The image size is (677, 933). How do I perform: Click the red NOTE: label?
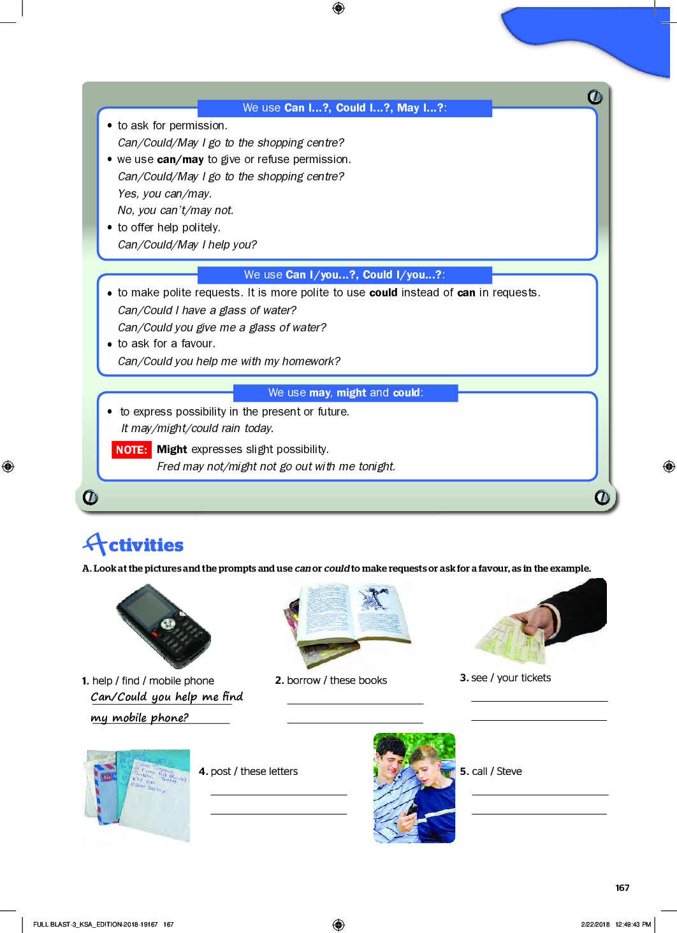click(131, 450)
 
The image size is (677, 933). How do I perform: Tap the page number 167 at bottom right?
click(622, 888)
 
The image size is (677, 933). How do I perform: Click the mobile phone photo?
click(163, 626)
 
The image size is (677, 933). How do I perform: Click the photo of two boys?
click(414, 788)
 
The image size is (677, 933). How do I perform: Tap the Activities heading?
click(134, 545)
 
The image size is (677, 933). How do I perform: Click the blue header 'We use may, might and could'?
click(346, 393)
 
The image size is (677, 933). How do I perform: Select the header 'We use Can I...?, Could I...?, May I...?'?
click(344, 108)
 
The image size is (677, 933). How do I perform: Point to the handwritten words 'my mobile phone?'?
click(140, 718)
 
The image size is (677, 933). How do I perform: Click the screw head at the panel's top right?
click(595, 97)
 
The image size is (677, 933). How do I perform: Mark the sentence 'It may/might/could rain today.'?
click(198, 428)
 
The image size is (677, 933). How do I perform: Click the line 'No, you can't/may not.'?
click(175, 210)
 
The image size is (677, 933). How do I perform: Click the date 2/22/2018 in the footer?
click(595, 924)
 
